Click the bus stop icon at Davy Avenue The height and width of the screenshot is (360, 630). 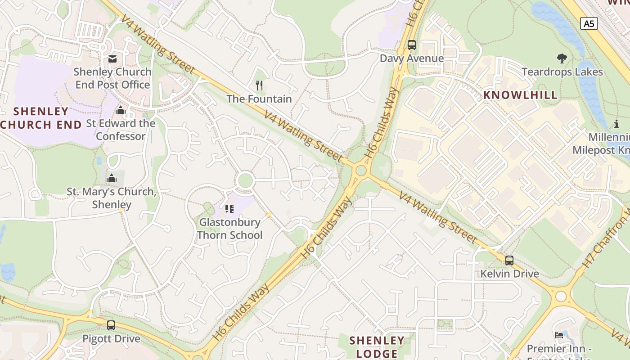coord(412,45)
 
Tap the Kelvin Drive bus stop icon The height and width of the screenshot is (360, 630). coord(509,260)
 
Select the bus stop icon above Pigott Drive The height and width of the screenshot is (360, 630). coord(111,325)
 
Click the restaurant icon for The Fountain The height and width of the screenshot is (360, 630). coord(259,85)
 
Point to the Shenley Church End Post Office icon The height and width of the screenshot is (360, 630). coord(112,58)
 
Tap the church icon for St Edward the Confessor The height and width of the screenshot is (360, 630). coord(121,110)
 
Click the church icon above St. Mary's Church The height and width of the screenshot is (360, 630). coord(112,178)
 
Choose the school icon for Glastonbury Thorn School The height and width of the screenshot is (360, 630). coord(229,208)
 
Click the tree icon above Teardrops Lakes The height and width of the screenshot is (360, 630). coord(562,58)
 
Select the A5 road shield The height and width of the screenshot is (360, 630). coord(589,23)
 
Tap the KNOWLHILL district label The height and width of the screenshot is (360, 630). coord(520,95)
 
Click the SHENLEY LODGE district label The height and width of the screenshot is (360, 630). coord(377,346)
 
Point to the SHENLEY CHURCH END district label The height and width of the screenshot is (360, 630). coord(40,117)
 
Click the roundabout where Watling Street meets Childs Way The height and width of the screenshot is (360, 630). coord(360,171)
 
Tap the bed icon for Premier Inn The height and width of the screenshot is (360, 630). coord(559,335)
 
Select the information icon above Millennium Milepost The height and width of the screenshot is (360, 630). coord(616,124)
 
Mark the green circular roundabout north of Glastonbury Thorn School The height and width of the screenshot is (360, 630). coord(245,180)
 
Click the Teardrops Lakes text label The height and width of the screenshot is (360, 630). coord(562,72)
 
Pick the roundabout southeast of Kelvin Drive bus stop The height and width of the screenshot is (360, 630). coord(561,297)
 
